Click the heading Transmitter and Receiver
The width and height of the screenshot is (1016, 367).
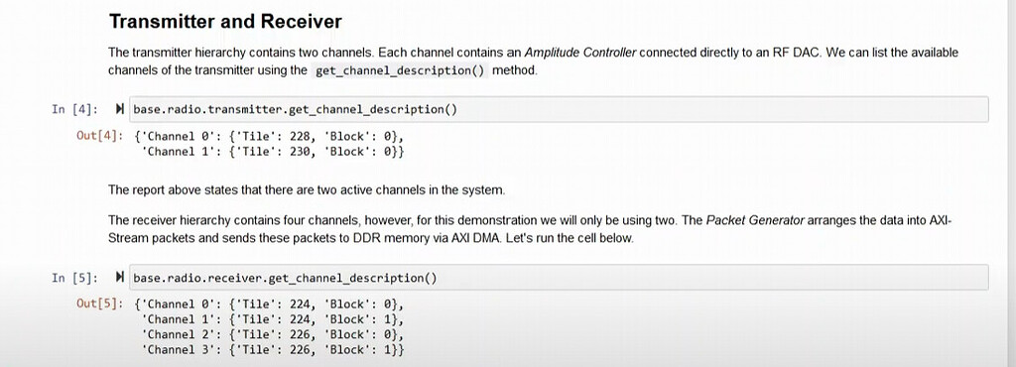[225, 21]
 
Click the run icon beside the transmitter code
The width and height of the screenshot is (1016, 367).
[120, 109]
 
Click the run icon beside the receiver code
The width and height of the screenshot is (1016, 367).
[120, 278]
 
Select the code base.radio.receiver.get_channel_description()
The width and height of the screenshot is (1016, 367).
[285, 278]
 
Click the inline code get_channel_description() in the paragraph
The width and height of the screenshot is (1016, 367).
[400, 70]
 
